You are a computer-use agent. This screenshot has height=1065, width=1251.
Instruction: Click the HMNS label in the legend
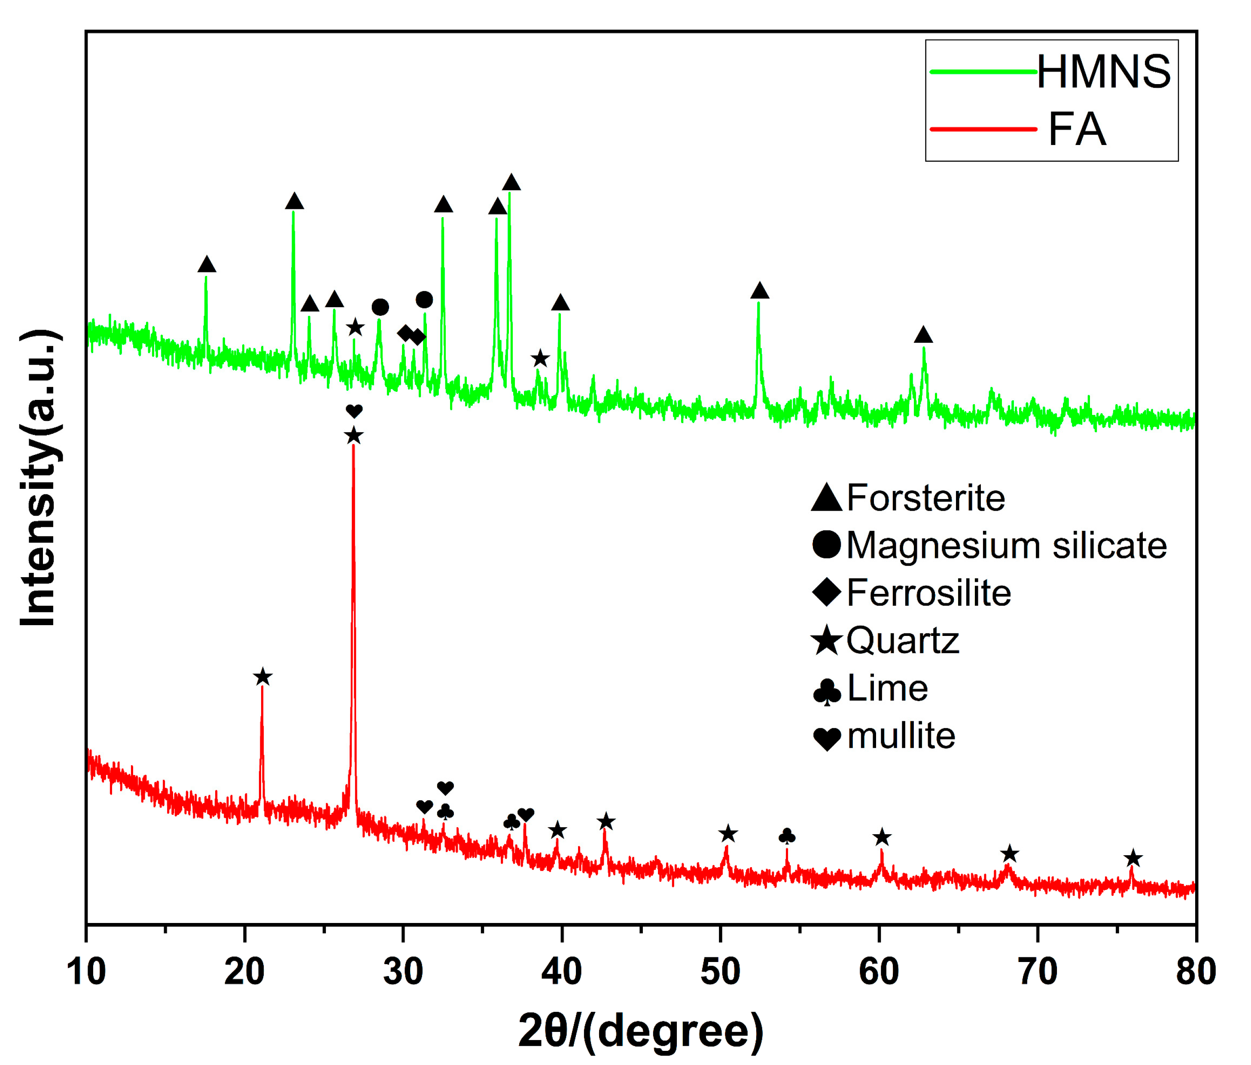tap(1103, 72)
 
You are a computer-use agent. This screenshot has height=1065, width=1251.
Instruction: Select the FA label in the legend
tap(1077, 129)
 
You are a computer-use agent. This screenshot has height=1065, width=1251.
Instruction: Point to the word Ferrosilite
tap(928, 593)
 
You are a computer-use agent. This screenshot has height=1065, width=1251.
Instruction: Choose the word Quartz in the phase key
tap(903, 640)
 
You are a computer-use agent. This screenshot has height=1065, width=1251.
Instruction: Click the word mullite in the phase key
tap(901, 736)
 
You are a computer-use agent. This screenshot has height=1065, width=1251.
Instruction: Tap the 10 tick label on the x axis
tap(86, 972)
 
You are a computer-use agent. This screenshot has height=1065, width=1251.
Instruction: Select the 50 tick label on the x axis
tap(720, 972)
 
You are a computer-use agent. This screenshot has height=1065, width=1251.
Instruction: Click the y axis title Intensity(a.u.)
tap(39, 478)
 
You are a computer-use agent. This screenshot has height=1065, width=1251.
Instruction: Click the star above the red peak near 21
tap(262, 677)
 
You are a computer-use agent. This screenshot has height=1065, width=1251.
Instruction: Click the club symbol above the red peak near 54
tap(787, 836)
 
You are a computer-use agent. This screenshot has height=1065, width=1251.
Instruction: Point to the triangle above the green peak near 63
tap(923, 335)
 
